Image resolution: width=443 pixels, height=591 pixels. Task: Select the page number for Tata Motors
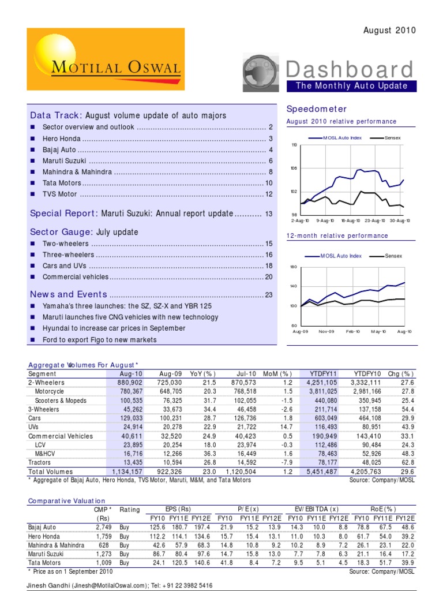(268, 183)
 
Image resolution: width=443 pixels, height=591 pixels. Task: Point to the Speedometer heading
(309, 109)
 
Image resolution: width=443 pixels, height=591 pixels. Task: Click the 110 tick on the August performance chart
(294, 145)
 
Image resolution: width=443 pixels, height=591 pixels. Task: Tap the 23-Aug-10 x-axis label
(375, 220)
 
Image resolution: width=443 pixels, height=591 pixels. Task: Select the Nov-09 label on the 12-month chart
(327, 332)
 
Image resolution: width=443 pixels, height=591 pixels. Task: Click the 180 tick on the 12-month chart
(294, 267)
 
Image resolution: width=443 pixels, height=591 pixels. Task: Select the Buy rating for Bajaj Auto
(125, 528)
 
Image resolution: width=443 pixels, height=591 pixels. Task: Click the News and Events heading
(69, 294)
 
